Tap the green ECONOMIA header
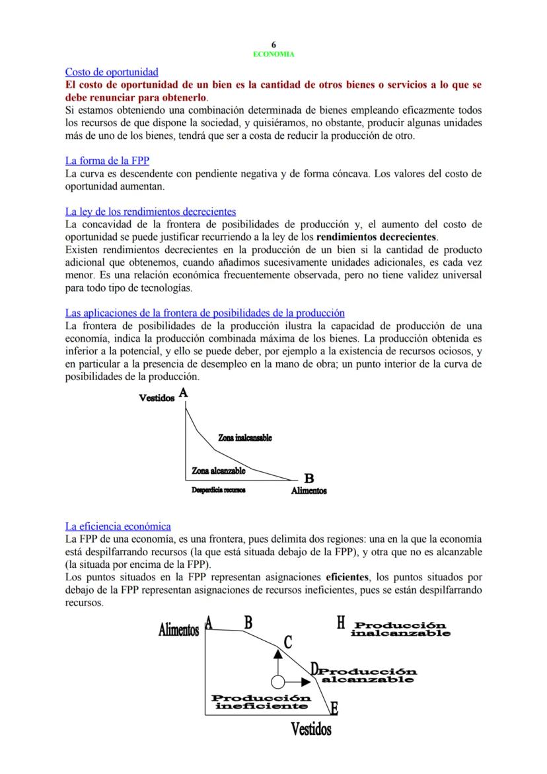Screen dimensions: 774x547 (273, 54)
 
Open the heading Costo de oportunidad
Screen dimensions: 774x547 (112, 71)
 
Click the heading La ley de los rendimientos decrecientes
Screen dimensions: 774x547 (151, 212)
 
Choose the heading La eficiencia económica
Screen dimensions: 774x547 (118, 526)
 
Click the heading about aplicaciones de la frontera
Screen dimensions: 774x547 (205, 313)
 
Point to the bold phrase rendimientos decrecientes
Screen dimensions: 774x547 (377, 236)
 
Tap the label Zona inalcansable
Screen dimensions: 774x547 (244, 438)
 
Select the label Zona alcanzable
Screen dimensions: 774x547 (219, 471)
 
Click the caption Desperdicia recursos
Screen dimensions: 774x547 (218, 490)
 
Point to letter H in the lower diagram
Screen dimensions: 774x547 (340, 623)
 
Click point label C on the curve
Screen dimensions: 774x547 (287, 641)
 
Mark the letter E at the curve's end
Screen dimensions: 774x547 (334, 709)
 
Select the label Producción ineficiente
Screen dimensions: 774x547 (260, 702)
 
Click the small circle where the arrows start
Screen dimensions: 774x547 (277, 681)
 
